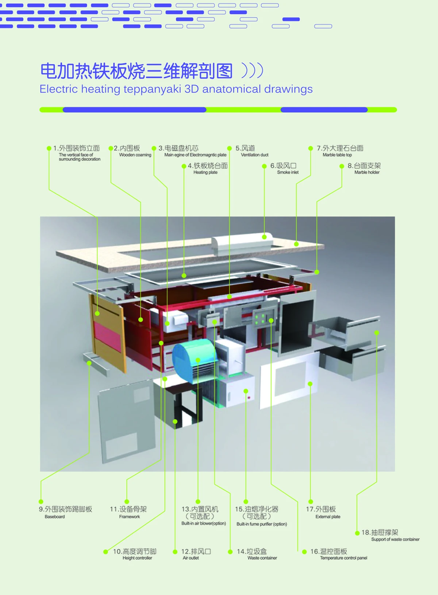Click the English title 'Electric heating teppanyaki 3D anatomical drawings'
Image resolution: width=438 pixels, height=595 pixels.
176,89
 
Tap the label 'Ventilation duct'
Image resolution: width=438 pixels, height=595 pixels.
254,155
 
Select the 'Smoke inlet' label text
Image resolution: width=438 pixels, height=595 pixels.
288,172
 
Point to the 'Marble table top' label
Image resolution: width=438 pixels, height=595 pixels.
337,155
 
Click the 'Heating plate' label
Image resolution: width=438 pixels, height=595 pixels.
205,172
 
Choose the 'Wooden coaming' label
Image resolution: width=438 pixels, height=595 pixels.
135,155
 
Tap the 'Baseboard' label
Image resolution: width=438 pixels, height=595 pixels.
55,517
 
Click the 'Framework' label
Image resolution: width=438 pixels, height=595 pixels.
129,517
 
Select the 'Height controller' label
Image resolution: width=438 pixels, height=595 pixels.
137,558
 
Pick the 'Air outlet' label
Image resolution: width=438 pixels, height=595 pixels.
191,558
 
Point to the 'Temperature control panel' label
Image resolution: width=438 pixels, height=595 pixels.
343,558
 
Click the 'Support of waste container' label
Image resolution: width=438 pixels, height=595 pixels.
395,540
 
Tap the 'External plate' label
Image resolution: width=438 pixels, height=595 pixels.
328,517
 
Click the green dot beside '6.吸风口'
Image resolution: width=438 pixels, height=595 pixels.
264,166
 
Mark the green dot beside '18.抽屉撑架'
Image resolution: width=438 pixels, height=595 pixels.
357,533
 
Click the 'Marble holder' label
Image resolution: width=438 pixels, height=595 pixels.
367,172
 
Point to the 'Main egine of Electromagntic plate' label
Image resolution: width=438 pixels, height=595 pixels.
195,155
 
